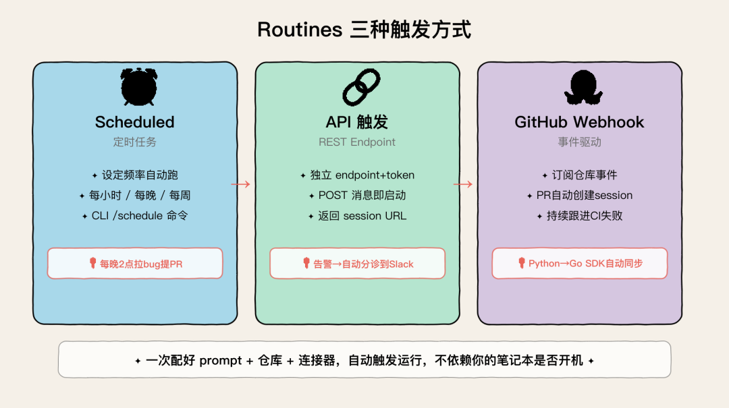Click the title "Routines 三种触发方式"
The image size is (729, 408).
(x=364, y=30)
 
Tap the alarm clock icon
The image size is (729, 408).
(x=138, y=87)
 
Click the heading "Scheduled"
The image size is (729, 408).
(x=134, y=122)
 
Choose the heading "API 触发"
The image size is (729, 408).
(x=356, y=122)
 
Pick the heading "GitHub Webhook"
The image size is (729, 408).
(x=579, y=122)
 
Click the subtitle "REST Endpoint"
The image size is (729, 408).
(x=356, y=142)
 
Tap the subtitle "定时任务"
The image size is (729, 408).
(x=134, y=142)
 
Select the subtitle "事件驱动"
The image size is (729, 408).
(x=579, y=142)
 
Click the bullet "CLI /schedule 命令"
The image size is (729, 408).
(x=134, y=216)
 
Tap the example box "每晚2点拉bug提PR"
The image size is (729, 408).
(x=134, y=264)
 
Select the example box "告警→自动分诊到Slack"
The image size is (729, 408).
(x=357, y=264)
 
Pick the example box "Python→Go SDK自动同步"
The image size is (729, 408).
(x=579, y=264)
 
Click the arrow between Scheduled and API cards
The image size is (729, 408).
(x=241, y=184)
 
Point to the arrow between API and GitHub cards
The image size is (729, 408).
(x=463, y=184)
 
